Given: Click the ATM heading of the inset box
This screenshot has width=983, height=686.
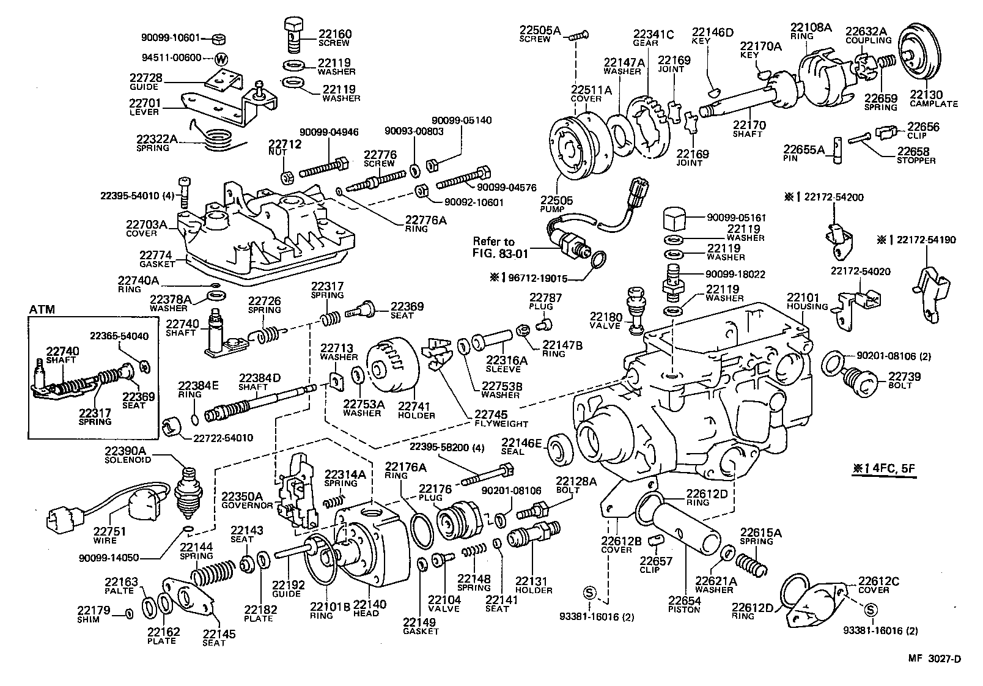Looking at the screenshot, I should [x=42, y=309].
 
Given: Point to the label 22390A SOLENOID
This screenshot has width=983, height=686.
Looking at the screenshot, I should [x=130, y=454].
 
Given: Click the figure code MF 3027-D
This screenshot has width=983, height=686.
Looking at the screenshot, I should [x=933, y=659].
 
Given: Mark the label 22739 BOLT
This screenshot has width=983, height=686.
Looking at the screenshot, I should [x=904, y=380].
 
